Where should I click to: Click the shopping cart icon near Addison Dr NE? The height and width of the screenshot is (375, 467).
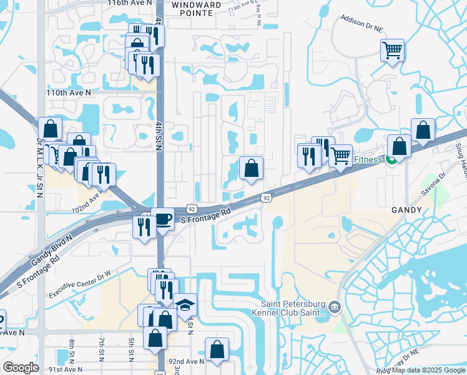pyautogui.click(x=392, y=49)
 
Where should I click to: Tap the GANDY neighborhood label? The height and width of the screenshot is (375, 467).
pyautogui.click(x=407, y=211)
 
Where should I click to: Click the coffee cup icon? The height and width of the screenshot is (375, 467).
pyautogui.click(x=163, y=219)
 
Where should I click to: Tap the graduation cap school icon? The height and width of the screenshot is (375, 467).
pyautogui.click(x=185, y=305)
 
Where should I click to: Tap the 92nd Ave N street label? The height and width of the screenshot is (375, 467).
pyautogui.click(x=185, y=361)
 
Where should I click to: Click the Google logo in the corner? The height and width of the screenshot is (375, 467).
pyautogui.click(x=21, y=367)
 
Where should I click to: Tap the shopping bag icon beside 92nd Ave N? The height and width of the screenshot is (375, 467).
pyautogui.click(x=217, y=350)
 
